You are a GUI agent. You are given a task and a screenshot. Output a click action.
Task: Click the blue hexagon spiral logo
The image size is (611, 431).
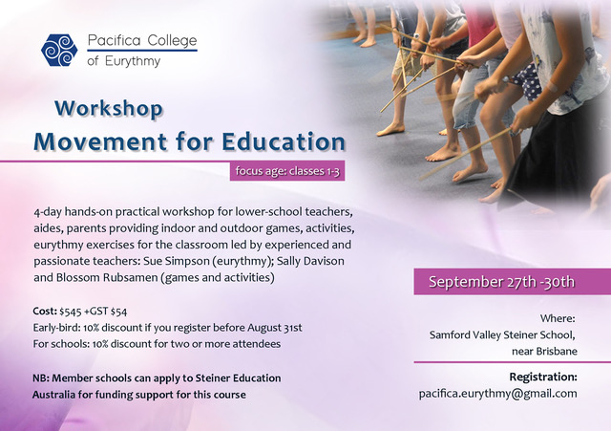[x=59, y=51]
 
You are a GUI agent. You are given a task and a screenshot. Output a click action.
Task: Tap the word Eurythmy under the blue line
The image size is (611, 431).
[x=133, y=61]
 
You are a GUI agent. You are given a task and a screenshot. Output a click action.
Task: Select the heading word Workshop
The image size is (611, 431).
[x=109, y=109]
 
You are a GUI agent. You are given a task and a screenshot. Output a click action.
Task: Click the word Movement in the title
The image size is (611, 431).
[x=100, y=141]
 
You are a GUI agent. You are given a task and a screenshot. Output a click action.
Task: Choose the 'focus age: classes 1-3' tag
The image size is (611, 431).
[x=287, y=171]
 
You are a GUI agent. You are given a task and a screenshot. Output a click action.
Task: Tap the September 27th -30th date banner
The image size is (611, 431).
[x=512, y=281]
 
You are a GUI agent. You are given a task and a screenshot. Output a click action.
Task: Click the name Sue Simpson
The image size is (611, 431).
[x=176, y=261]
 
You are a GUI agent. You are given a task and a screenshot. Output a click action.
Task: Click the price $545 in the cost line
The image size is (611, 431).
[x=71, y=312]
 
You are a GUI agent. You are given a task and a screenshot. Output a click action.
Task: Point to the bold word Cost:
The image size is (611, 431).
[x=45, y=311]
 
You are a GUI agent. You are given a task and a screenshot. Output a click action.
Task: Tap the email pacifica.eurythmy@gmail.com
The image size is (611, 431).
[x=498, y=394]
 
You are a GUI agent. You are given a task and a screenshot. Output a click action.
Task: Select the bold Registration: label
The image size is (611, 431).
[x=543, y=377]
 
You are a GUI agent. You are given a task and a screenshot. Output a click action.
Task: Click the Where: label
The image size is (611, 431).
[x=558, y=318]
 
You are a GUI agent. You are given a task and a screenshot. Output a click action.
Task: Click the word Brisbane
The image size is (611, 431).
[x=557, y=351]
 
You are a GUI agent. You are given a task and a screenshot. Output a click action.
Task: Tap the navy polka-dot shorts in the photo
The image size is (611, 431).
[x=526, y=82]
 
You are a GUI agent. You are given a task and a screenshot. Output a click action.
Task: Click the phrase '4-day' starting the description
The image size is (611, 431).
[x=48, y=212]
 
